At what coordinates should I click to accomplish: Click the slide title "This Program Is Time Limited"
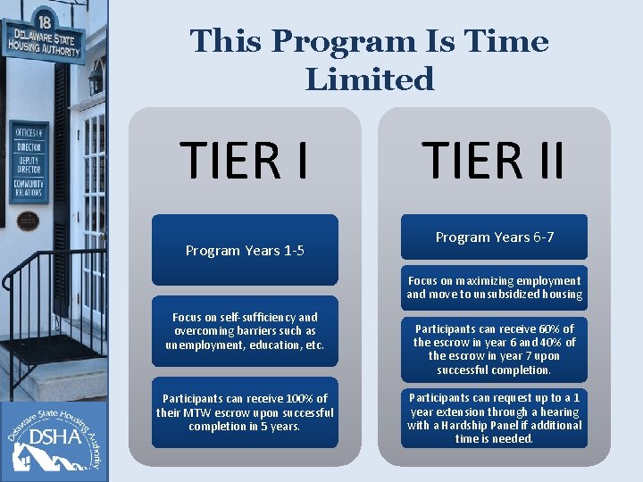pyautogui.click(x=369, y=60)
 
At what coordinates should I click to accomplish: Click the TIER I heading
pyautogui.click(x=245, y=160)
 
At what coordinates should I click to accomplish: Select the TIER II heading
pyautogui.click(x=494, y=160)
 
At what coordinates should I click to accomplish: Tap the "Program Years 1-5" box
pyautogui.click(x=245, y=250)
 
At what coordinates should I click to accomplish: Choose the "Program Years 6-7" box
pyautogui.click(x=494, y=237)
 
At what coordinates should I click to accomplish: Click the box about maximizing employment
pyautogui.click(x=494, y=287)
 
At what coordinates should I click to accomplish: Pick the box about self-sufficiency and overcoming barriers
pyautogui.click(x=245, y=330)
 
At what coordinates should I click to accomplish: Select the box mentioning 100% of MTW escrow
pyautogui.click(x=245, y=412)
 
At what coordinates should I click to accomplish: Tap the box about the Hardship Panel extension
pyautogui.click(x=494, y=418)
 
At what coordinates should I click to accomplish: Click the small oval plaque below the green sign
pyautogui.click(x=29, y=219)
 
